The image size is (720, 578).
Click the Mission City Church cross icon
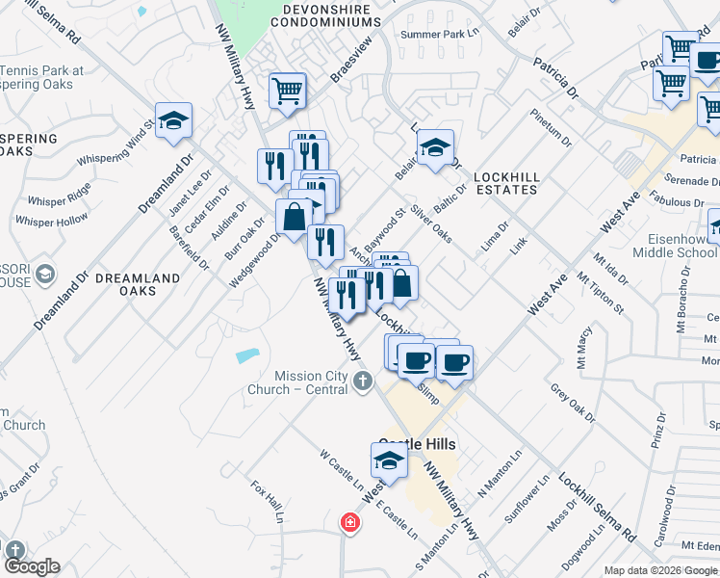[362, 381]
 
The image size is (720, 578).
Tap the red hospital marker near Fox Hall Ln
[350, 523]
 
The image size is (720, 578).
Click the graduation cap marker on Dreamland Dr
[174, 121]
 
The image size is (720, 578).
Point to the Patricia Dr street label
[559, 81]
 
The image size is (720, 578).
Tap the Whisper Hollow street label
[52, 222]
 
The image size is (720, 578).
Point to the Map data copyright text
[660, 570]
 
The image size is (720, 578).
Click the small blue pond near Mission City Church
[247, 355]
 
